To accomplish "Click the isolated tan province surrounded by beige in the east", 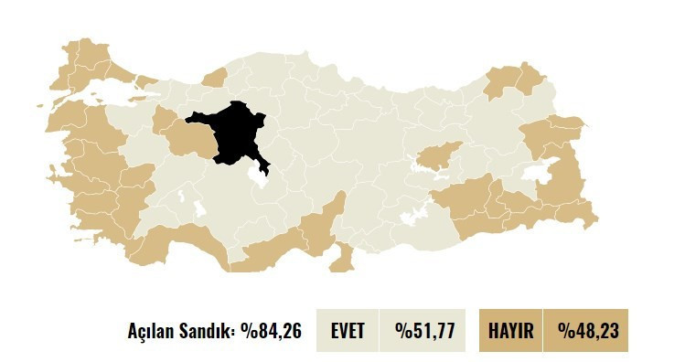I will tap(440, 156).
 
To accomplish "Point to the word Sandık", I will tap(211, 331).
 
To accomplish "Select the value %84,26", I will tap(272, 331).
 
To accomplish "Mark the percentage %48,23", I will tap(585, 331).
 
